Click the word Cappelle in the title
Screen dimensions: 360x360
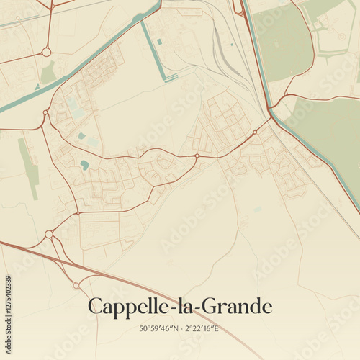coord(124,307)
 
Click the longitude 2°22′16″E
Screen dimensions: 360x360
coord(202,330)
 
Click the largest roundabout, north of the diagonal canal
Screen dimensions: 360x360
coord(46,52)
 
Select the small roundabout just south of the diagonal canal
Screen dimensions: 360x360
coord(46,112)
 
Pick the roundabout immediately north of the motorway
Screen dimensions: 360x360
coord(49,234)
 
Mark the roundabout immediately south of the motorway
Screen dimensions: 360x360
coord(76,286)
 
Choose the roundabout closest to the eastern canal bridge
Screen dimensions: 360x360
coord(255,132)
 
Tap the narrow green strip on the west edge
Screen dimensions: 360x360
coord(29,168)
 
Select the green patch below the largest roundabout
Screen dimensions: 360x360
coord(48,73)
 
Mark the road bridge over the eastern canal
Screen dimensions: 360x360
coord(272,111)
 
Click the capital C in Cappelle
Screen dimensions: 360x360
coord(95,307)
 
